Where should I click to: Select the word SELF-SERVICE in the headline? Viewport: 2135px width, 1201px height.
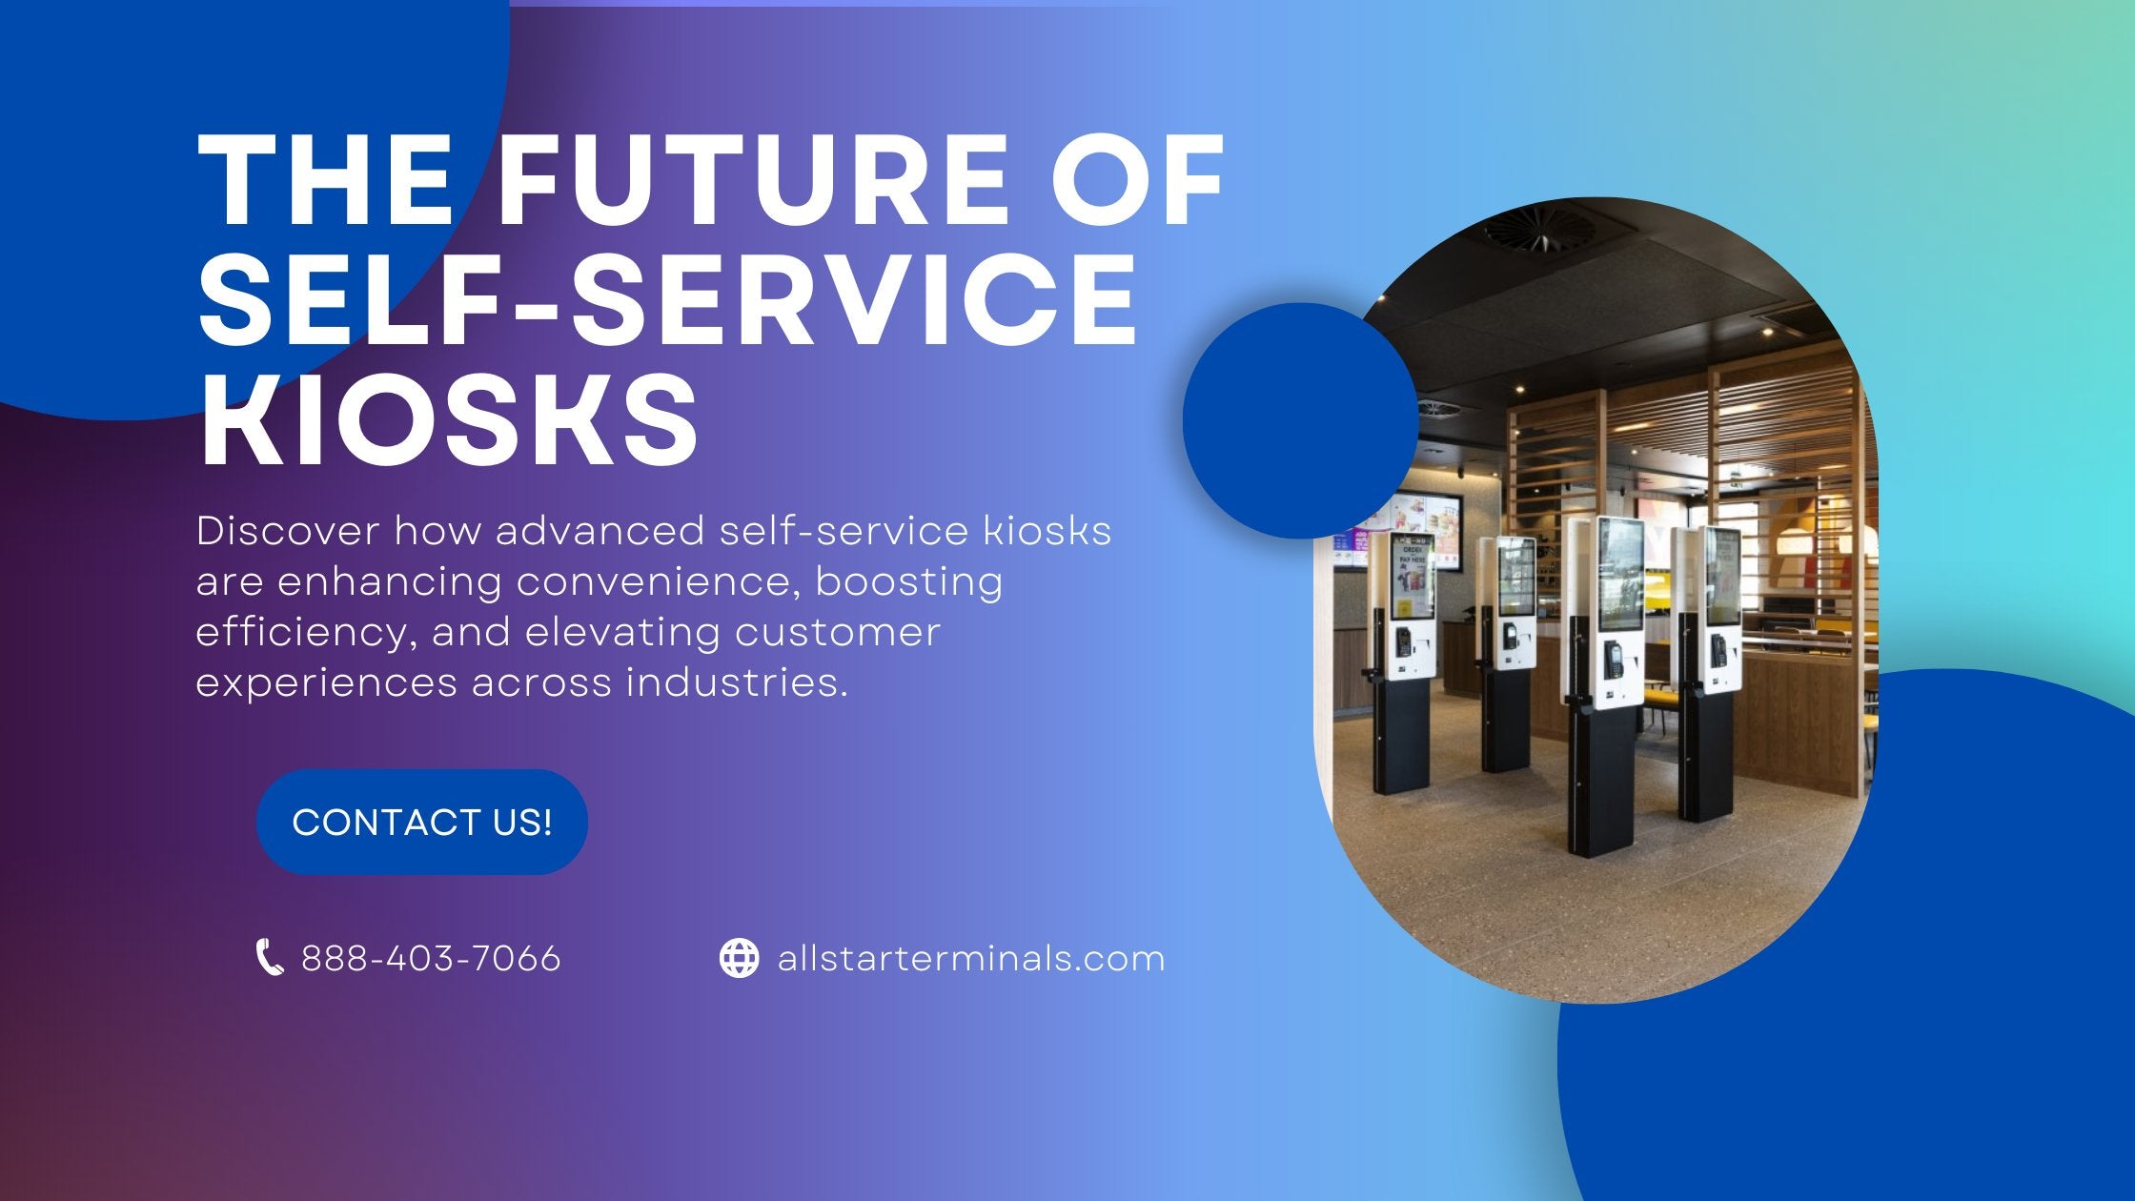667,299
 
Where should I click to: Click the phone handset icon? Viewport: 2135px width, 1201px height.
270,957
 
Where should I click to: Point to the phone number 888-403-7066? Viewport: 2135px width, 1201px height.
431,958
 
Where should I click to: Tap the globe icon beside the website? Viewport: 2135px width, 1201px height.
739,958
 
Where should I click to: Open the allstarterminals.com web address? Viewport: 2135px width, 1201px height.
971,958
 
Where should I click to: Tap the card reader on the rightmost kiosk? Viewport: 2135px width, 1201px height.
1718,651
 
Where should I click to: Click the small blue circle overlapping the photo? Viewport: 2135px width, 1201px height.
1299,420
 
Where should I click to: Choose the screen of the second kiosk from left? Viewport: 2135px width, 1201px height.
1516,578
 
